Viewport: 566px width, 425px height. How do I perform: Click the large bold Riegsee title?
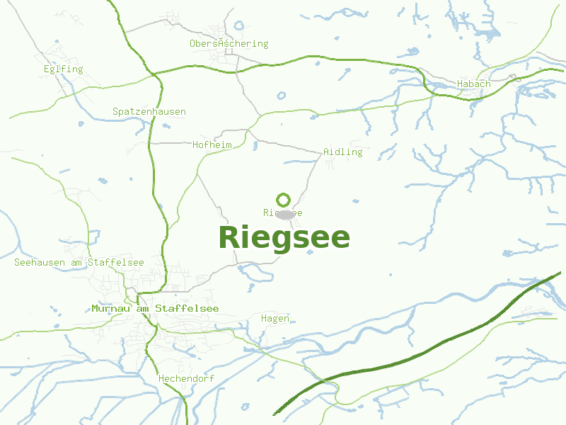[284, 238]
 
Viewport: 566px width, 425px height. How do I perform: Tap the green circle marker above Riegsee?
[283, 200]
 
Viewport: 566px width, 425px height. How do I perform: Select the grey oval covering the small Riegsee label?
[284, 214]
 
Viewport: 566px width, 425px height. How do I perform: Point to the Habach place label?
[473, 84]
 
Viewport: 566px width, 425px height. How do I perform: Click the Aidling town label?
[342, 152]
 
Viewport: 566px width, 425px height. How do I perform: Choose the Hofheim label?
[212, 145]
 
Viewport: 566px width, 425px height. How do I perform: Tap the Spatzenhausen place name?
[149, 112]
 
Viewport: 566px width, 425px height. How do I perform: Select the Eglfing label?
[63, 69]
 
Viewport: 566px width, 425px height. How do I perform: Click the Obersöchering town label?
[229, 44]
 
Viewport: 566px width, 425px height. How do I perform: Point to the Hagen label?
[275, 319]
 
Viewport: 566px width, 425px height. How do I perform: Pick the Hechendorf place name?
[187, 379]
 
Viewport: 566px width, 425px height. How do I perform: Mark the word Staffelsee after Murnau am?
[187, 309]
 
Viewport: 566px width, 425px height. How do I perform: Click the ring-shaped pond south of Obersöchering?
[282, 95]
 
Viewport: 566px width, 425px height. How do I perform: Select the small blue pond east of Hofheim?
[255, 147]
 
